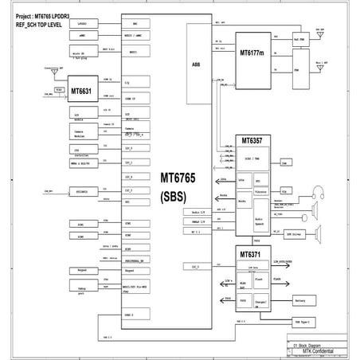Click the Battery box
point(300,300)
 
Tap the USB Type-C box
point(303,322)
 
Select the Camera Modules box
point(83,132)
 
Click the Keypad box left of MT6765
point(83,271)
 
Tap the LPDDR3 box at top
point(83,25)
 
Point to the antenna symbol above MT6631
point(61,69)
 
